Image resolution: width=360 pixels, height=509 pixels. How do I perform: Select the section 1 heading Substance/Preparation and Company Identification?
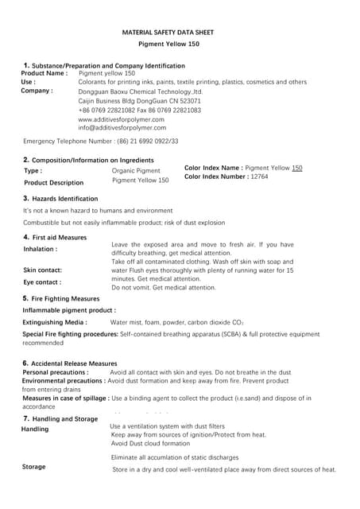point(107,65)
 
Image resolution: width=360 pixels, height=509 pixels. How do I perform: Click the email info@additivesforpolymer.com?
point(122,127)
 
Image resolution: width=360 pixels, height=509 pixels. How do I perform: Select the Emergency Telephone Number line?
point(101,141)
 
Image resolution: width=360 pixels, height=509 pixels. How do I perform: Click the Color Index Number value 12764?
point(259,177)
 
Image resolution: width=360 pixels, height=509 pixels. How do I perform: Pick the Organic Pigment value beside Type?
point(136,170)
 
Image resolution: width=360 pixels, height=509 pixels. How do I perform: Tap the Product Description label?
point(53,183)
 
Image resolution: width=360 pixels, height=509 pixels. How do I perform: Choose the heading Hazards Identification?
point(64,198)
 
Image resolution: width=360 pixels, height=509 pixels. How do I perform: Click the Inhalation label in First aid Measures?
point(41,249)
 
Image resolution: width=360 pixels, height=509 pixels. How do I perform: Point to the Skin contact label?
point(43,270)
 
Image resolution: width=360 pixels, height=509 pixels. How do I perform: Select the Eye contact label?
point(42,282)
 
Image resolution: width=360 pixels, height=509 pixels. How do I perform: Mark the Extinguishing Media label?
point(55,323)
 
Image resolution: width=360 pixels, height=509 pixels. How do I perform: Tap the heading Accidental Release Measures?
point(74,363)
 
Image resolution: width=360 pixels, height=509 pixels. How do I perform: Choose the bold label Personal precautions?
point(56,371)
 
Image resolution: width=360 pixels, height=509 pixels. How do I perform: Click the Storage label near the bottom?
point(34,467)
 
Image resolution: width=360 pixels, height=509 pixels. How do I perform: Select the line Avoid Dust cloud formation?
point(151,444)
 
